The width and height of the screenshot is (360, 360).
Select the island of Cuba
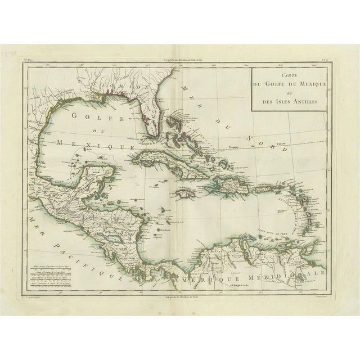click(169, 157)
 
